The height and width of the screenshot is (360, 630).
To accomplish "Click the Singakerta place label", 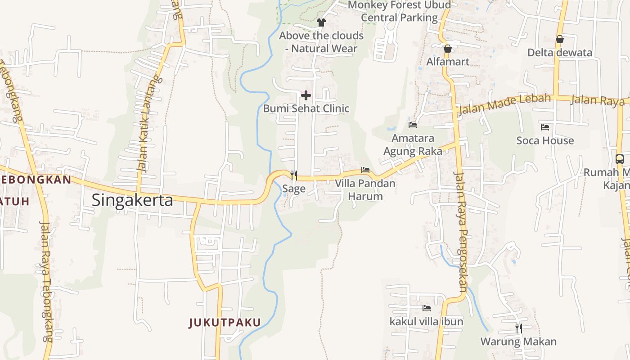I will pyautogui.click(x=132, y=200).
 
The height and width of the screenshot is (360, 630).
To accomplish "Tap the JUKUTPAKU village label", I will pyautogui.click(x=225, y=322).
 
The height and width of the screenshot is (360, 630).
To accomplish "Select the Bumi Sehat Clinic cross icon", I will pyautogui.click(x=306, y=95).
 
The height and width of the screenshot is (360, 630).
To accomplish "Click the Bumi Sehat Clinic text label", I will pyautogui.click(x=306, y=108).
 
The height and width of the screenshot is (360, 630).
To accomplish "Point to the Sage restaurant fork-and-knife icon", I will pyautogui.click(x=293, y=175).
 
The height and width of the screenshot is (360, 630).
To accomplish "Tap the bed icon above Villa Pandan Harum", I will pyautogui.click(x=365, y=170).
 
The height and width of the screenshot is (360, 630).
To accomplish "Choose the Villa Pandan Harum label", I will pyautogui.click(x=365, y=190).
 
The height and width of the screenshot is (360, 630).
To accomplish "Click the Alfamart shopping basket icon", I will pyautogui.click(x=447, y=49).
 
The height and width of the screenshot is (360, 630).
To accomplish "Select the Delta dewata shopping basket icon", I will pyautogui.click(x=559, y=39).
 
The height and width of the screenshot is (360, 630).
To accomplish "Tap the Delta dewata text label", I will pyautogui.click(x=560, y=53).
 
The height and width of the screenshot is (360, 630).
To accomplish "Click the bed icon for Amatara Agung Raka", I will pyautogui.click(x=413, y=125).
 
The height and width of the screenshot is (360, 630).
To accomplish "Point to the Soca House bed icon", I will pyautogui.click(x=545, y=127).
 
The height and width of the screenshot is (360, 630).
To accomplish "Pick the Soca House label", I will pyautogui.click(x=545, y=140).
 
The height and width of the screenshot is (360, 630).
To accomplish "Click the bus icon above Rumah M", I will pyautogui.click(x=620, y=159).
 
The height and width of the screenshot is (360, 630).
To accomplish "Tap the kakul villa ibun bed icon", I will pyautogui.click(x=426, y=308).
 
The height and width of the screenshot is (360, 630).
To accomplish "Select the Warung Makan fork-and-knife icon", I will pyautogui.click(x=518, y=328).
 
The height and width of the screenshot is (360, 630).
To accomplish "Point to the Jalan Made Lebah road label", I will pyautogui.click(x=504, y=104).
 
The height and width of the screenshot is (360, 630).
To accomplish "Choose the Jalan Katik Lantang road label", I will pyautogui.click(x=148, y=124).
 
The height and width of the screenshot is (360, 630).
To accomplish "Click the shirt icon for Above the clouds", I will pyautogui.click(x=321, y=22).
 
